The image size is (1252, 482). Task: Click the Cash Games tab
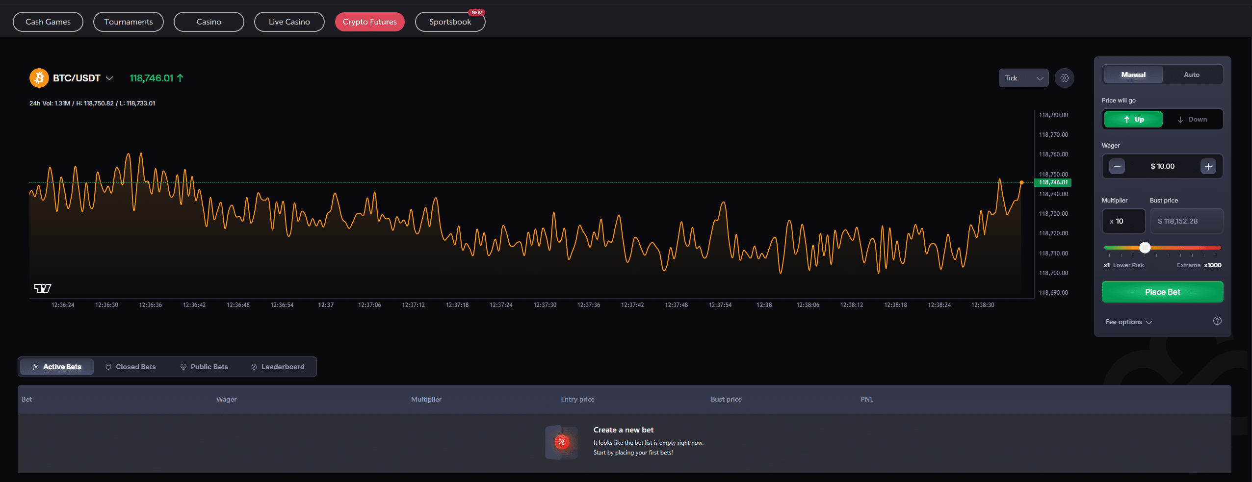click(x=48, y=22)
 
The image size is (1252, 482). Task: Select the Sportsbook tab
click(x=450, y=22)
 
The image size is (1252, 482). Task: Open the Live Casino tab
click(x=289, y=22)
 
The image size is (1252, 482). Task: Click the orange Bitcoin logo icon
click(x=39, y=78)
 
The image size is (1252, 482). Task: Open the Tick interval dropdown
click(x=1023, y=78)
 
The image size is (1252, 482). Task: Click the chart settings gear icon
click(x=1065, y=78)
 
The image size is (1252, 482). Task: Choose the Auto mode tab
click(x=1192, y=75)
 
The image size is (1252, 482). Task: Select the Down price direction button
click(x=1192, y=119)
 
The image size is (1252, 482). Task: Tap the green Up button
click(x=1133, y=119)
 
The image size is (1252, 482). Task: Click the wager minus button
click(x=1117, y=166)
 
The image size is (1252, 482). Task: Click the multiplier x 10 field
click(x=1123, y=221)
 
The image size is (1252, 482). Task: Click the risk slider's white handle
click(x=1145, y=248)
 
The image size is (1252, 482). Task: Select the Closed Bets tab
click(x=130, y=367)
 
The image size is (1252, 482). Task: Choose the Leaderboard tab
click(x=278, y=367)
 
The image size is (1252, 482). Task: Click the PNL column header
click(x=867, y=399)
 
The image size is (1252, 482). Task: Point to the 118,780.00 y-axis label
click(x=1053, y=115)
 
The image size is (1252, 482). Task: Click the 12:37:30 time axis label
click(x=545, y=305)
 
